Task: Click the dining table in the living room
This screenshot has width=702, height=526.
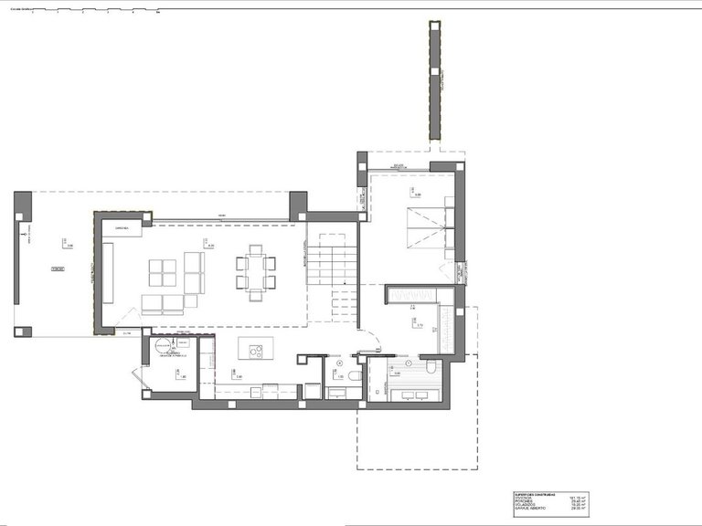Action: (x=255, y=272)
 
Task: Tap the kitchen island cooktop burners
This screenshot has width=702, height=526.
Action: (x=255, y=351)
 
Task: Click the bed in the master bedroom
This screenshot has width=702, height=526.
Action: (x=426, y=226)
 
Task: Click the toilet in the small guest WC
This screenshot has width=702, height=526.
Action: (x=355, y=375)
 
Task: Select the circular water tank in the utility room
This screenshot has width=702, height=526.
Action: (x=163, y=345)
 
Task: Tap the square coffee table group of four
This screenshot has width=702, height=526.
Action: (x=163, y=273)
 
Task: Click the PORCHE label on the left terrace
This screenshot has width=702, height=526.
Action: (x=58, y=270)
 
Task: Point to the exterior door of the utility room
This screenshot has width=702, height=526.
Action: (x=137, y=377)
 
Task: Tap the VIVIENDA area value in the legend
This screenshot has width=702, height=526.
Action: (x=578, y=497)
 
